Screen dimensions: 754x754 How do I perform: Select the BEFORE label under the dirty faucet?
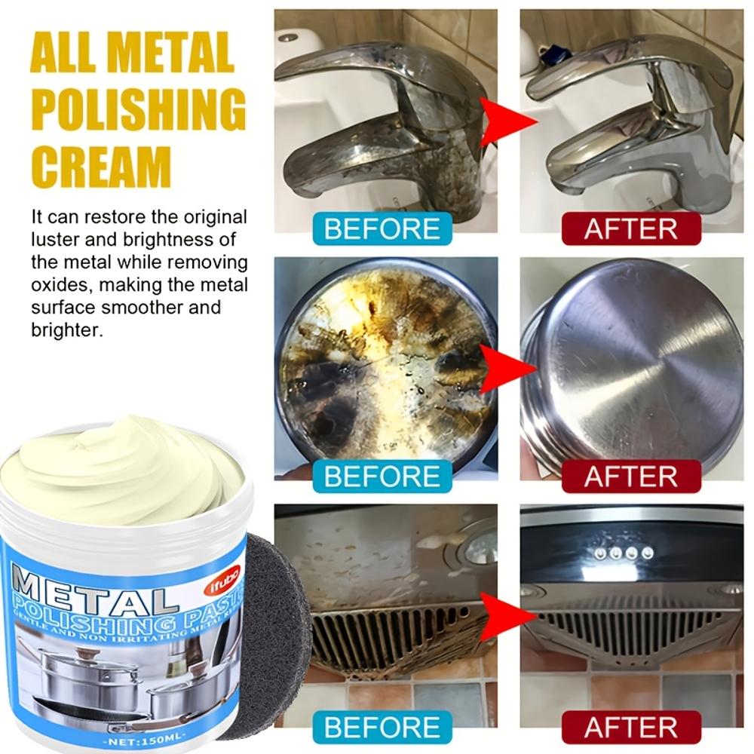click(382, 228)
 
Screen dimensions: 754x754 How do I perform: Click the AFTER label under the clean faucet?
click(631, 228)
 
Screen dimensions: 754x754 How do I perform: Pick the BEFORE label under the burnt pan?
click(382, 477)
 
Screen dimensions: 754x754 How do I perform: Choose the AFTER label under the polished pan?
click(631, 477)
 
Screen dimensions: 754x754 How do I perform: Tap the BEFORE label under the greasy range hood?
click(382, 728)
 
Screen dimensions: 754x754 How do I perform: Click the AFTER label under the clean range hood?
click(631, 728)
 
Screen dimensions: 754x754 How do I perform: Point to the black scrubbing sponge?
click(275, 626)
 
